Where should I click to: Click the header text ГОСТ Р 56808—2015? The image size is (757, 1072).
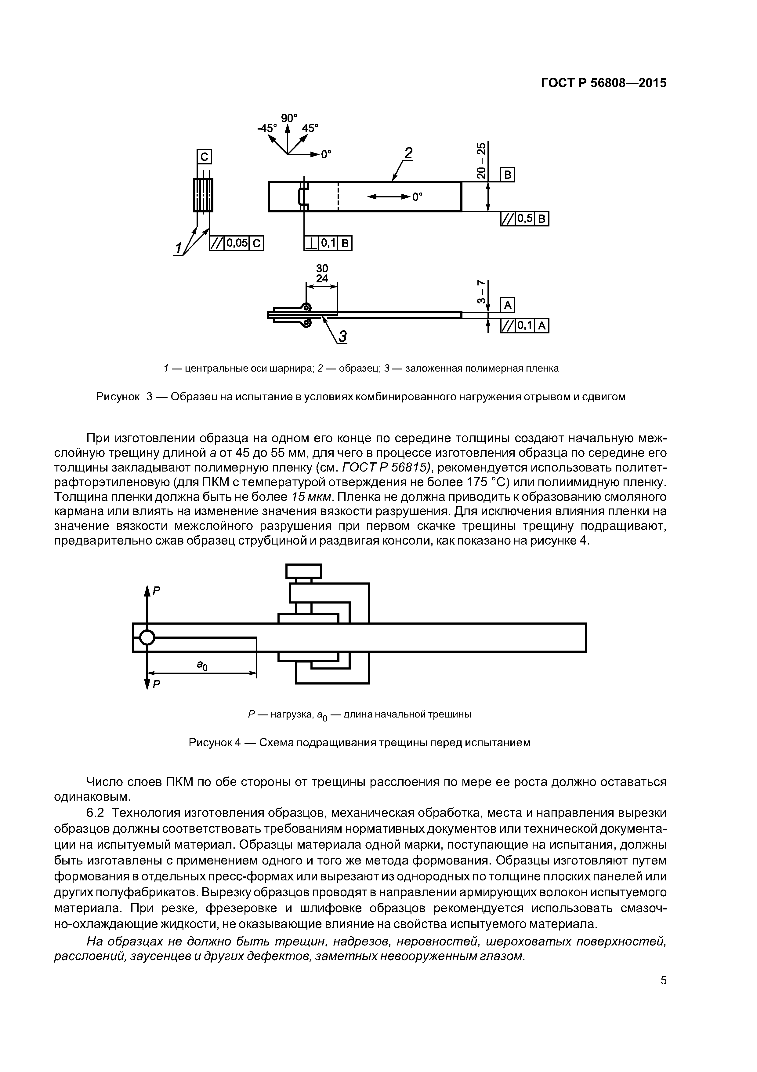pyautogui.click(x=603, y=83)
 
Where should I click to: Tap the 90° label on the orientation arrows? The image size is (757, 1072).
pyautogui.click(x=289, y=118)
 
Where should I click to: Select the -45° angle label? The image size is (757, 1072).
pyautogui.click(x=267, y=128)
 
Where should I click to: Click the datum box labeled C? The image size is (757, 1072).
pyautogui.click(x=204, y=157)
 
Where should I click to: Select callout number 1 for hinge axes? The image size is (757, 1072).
pyautogui.click(x=178, y=248)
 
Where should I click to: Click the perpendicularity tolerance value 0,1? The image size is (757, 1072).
pyautogui.click(x=328, y=243)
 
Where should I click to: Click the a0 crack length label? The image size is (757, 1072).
pyautogui.click(x=201, y=665)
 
